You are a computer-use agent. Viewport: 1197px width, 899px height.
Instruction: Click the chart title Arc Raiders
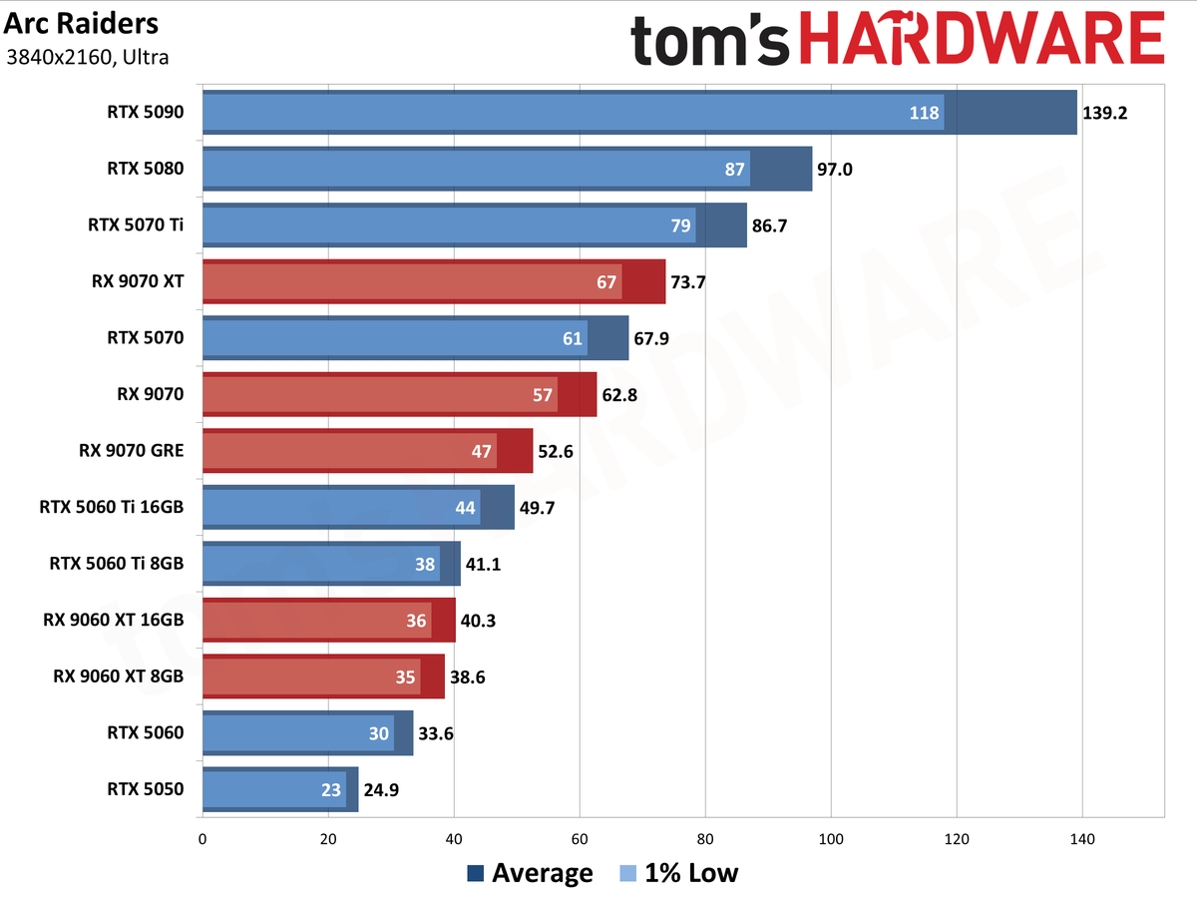(x=81, y=24)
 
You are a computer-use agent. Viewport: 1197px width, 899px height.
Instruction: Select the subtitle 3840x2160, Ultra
(x=87, y=57)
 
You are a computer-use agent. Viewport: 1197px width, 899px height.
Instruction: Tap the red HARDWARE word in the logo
(x=983, y=38)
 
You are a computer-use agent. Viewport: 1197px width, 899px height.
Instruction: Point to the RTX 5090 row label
(x=146, y=112)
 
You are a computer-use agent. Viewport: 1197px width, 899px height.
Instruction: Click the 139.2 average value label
(x=1104, y=113)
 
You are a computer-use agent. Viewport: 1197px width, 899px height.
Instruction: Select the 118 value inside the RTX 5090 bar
(x=924, y=113)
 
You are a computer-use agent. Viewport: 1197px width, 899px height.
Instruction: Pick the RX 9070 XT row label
(x=138, y=281)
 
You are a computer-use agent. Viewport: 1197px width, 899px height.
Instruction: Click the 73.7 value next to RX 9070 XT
(x=688, y=282)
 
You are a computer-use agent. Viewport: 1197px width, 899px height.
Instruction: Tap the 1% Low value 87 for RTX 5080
(x=734, y=169)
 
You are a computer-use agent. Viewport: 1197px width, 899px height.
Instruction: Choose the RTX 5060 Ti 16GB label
(x=112, y=507)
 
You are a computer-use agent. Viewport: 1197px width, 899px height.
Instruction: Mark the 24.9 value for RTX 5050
(x=381, y=790)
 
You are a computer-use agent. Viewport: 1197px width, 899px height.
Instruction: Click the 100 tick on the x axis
(x=831, y=839)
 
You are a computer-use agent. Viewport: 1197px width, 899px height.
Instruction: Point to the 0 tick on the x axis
(x=202, y=839)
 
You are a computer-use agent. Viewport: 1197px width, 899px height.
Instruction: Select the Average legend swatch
(x=476, y=873)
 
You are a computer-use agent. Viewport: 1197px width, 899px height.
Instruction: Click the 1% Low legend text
(x=691, y=873)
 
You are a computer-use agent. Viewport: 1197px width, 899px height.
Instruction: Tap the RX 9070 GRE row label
(x=132, y=451)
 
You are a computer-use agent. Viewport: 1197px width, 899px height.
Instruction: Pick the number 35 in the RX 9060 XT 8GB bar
(x=405, y=676)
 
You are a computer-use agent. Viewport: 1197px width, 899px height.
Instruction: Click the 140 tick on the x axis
(x=1082, y=839)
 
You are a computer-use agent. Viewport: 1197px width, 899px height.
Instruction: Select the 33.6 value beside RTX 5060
(x=436, y=733)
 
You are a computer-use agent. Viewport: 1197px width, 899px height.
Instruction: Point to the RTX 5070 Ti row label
(x=136, y=225)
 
